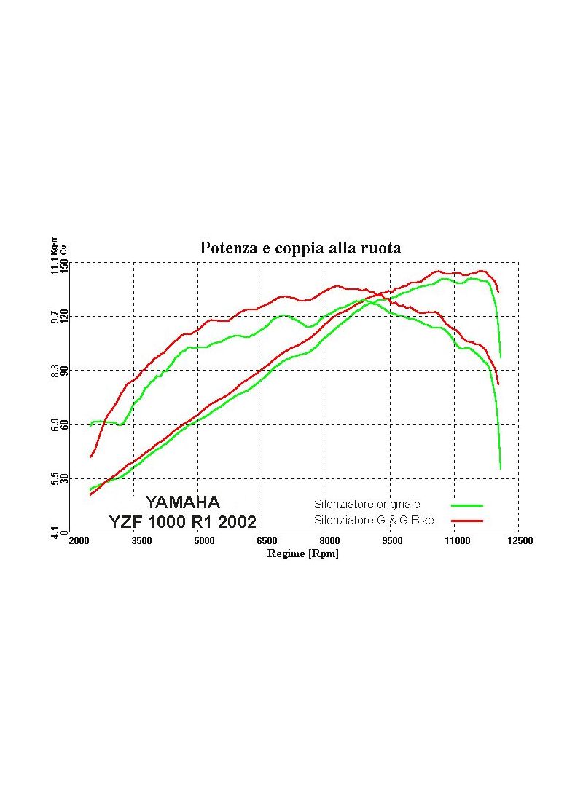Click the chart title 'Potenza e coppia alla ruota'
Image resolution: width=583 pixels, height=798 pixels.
300,248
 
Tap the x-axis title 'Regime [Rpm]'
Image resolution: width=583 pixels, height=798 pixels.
302,554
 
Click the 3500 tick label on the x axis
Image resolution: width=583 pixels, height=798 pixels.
141,541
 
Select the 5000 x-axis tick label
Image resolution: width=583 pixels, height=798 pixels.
205,541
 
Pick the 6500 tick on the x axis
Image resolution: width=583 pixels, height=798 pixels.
267,541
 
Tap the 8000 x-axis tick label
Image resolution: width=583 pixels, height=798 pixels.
330,541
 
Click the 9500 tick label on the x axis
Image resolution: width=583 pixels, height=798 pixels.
393,541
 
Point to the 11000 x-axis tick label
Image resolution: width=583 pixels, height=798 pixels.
456,541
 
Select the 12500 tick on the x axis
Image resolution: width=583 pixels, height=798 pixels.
518,541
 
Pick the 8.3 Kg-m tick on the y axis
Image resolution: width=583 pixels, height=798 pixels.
55,371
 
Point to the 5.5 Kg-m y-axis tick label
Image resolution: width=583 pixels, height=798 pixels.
55,478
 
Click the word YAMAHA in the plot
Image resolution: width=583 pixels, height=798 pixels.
182,502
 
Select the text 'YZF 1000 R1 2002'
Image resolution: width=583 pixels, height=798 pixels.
182,522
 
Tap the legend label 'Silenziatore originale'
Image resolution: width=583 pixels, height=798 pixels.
367,504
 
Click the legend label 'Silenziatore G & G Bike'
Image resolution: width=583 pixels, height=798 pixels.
374,521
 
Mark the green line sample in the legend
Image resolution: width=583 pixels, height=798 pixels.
467,505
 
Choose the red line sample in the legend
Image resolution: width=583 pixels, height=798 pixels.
467,521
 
